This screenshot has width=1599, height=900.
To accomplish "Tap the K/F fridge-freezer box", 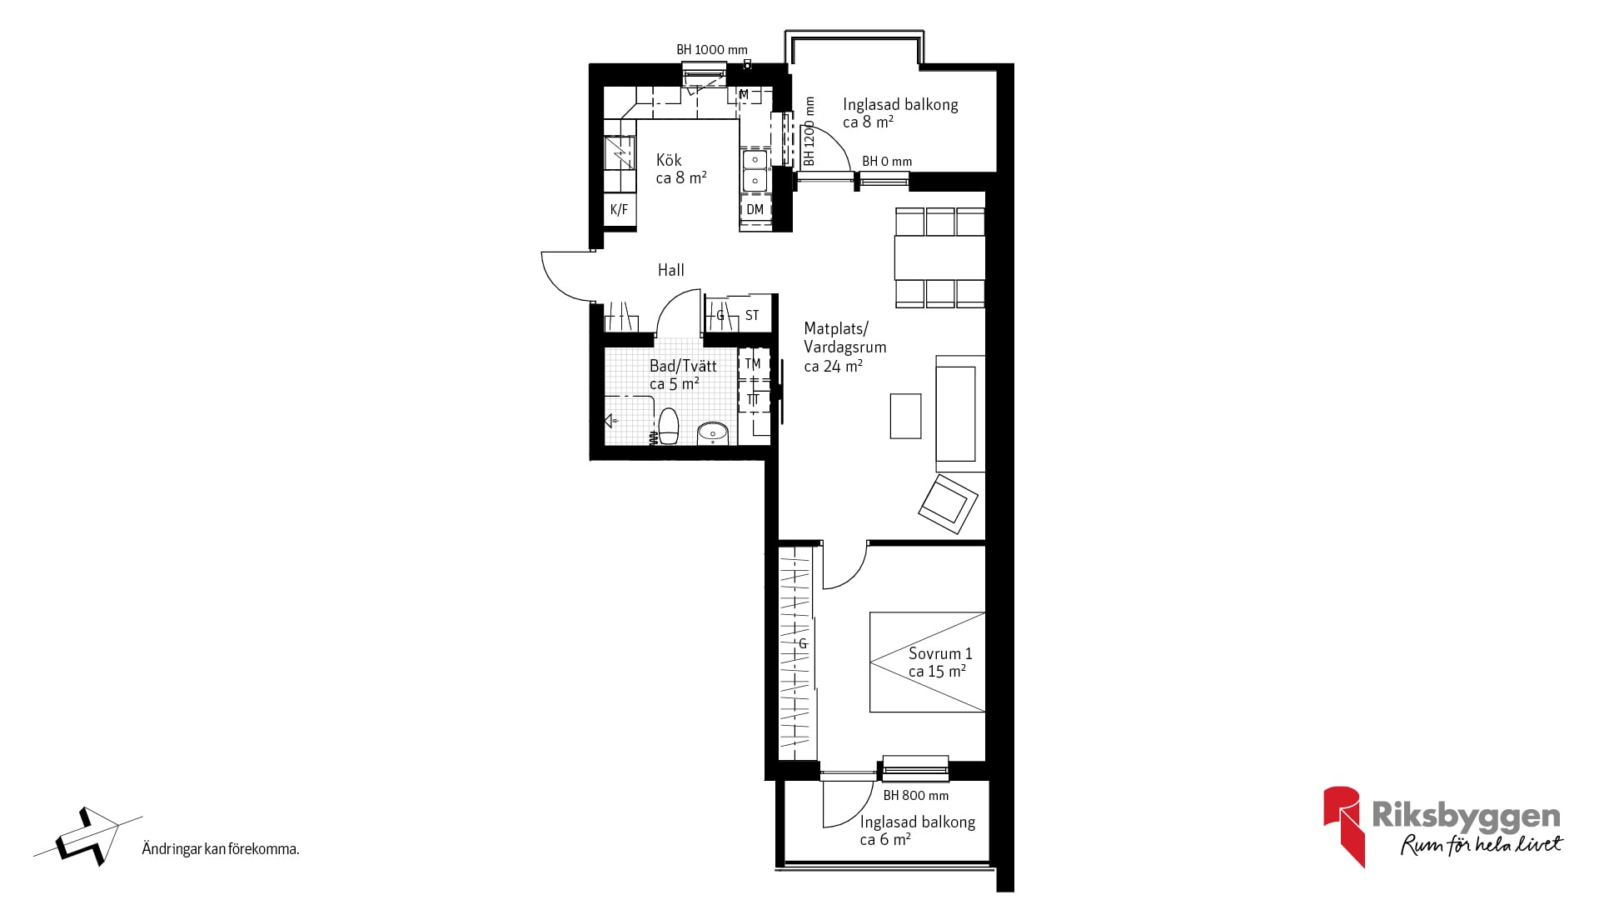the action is pyautogui.click(x=620, y=210).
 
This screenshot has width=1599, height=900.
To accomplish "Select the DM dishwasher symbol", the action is pyautogui.click(x=755, y=209).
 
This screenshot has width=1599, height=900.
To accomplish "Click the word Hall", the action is pyautogui.click(x=671, y=270).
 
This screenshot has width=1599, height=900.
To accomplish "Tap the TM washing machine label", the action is pyautogui.click(x=753, y=363).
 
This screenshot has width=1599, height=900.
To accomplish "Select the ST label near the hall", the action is pyautogui.click(x=752, y=315).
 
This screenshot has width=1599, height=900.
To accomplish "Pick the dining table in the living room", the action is pyautogui.click(x=939, y=257).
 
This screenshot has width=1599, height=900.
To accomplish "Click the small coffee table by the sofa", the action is pyautogui.click(x=906, y=416).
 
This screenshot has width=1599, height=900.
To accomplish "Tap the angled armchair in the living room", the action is pyautogui.click(x=949, y=503).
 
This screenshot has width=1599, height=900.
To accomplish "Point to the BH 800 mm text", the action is pyautogui.click(x=916, y=796).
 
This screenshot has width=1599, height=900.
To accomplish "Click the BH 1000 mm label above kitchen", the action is pyautogui.click(x=712, y=50).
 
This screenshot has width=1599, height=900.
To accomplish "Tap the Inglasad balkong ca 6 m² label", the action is pyautogui.click(x=917, y=831).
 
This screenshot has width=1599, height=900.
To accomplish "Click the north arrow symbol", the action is pyautogui.click(x=87, y=836).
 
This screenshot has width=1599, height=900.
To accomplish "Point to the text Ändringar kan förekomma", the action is pyautogui.click(x=221, y=850).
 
